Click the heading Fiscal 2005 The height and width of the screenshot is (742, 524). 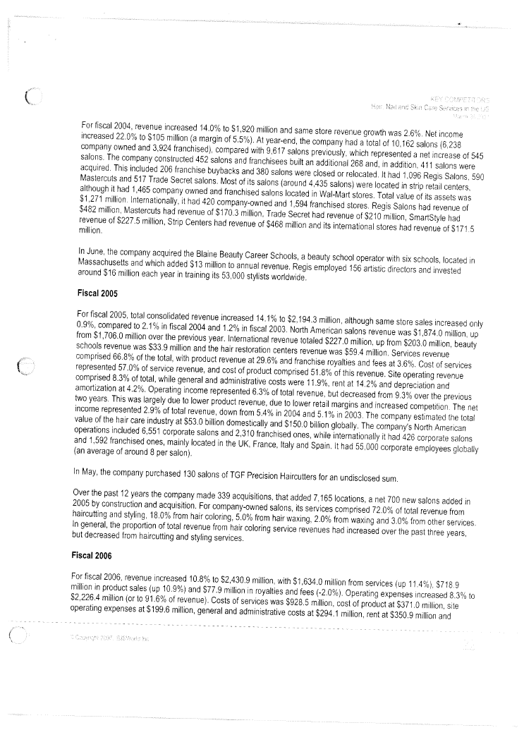[99, 291]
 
